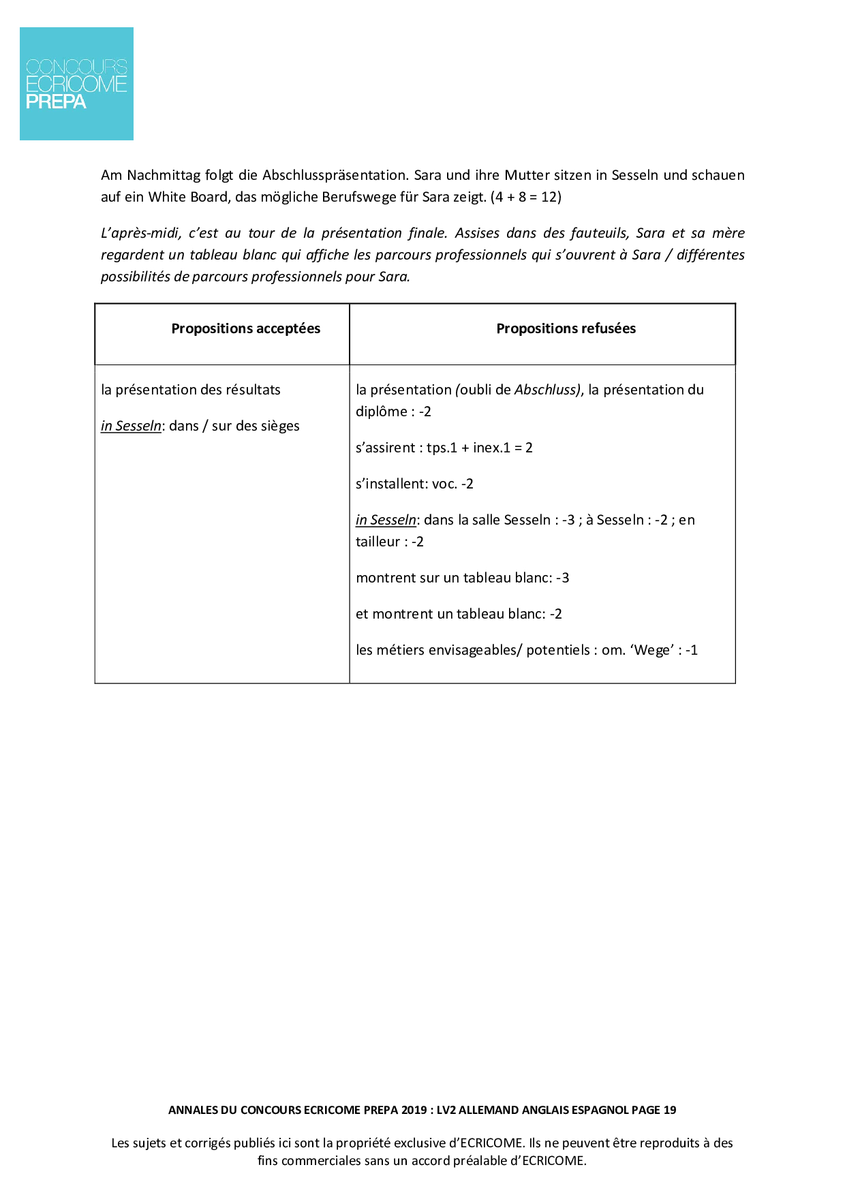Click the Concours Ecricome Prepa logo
[x=76, y=84]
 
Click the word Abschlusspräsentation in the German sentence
[x=335, y=175]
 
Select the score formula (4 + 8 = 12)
[x=525, y=197]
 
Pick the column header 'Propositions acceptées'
[x=245, y=328]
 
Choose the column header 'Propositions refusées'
[x=566, y=328]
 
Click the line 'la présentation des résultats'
[x=191, y=390]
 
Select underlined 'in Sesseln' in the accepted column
[x=131, y=426]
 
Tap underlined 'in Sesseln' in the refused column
[x=386, y=520]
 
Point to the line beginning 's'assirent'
[x=444, y=448]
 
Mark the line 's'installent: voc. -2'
[x=414, y=484]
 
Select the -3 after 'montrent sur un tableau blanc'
[x=562, y=578]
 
